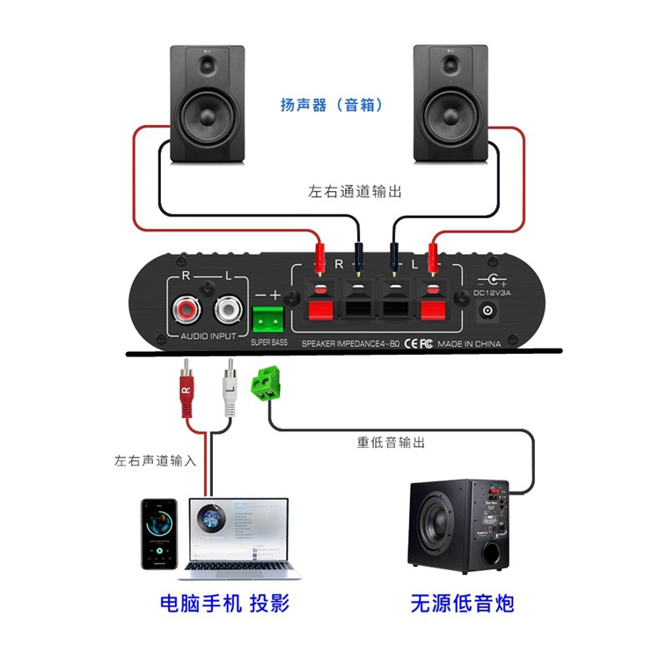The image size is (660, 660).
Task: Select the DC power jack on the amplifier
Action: click(x=487, y=311)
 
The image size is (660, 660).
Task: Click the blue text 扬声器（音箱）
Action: click(x=331, y=106)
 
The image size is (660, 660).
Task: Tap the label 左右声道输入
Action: click(x=155, y=460)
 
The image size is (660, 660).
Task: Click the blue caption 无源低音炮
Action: click(x=462, y=604)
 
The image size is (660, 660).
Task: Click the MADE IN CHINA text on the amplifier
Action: click(x=469, y=344)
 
